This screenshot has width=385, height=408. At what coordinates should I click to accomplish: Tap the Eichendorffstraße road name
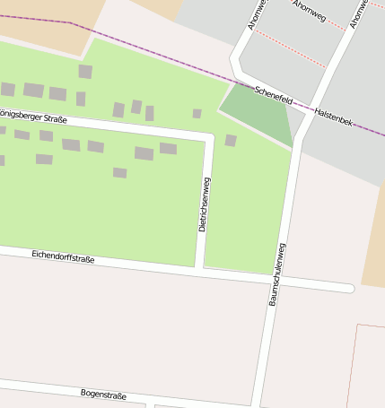(x=63, y=257)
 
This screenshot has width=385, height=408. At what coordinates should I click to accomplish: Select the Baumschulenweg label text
(x=277, y=274)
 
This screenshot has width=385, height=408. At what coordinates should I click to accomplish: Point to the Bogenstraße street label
(x=103, y=395)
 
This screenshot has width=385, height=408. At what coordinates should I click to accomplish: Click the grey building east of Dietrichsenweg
(x=231, y=141)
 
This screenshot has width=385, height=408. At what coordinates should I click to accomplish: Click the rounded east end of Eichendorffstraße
(x=348, y=288)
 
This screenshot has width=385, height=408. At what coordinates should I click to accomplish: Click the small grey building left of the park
(x=197, y=114)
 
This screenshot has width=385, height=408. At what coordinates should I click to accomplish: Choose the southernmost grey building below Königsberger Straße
(x=119, y=173)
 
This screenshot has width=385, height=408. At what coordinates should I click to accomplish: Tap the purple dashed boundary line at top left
(x=36, y=19)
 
